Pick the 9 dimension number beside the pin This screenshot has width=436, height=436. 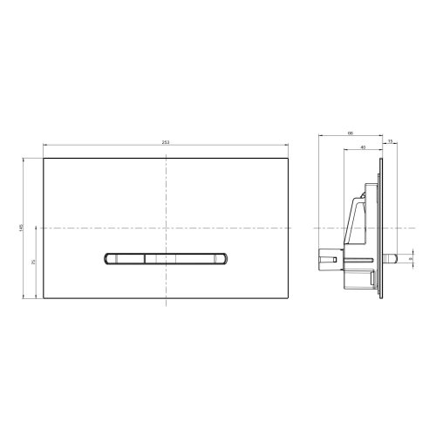410,259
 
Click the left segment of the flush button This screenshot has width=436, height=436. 126,257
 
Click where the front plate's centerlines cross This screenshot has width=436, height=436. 165,227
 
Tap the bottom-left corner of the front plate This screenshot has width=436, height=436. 42,299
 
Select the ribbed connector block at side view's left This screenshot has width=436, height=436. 327,258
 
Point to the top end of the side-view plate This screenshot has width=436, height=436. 381,158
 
